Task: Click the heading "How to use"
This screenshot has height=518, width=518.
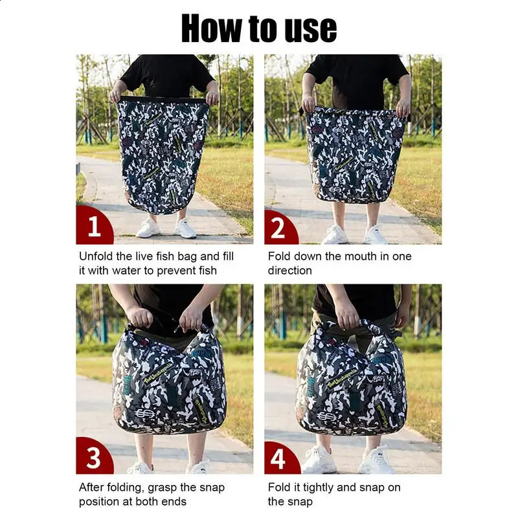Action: pyautogui.click(x=259, y=28)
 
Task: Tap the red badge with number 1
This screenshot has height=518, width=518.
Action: pyautogui.click(x=93, y=225)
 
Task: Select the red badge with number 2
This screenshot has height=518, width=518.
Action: pyautogui.click(x=280, y=227)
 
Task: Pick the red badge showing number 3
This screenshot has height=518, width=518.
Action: pyautogui.click(x=94, y=456)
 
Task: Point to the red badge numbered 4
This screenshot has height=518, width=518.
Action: pyautogui.click(x=281, y=458)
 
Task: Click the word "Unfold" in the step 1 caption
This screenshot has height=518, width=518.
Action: pyautogui.click(x=96, y=256)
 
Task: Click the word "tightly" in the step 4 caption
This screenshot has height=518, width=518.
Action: pyautogui.click(x=319, y=488)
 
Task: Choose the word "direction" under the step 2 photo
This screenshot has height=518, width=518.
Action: pyautogui.click(x=289, y=271)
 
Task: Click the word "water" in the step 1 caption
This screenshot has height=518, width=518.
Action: pyautogui.click(x=126, y=271)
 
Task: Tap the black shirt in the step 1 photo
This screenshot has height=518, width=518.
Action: pyautogui.click(x=167, y=75)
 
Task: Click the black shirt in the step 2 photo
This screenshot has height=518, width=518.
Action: pyautogui.click(x=357, y=79)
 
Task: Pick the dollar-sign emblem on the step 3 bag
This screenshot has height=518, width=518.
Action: pyautogui.click(x=144, y=413)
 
